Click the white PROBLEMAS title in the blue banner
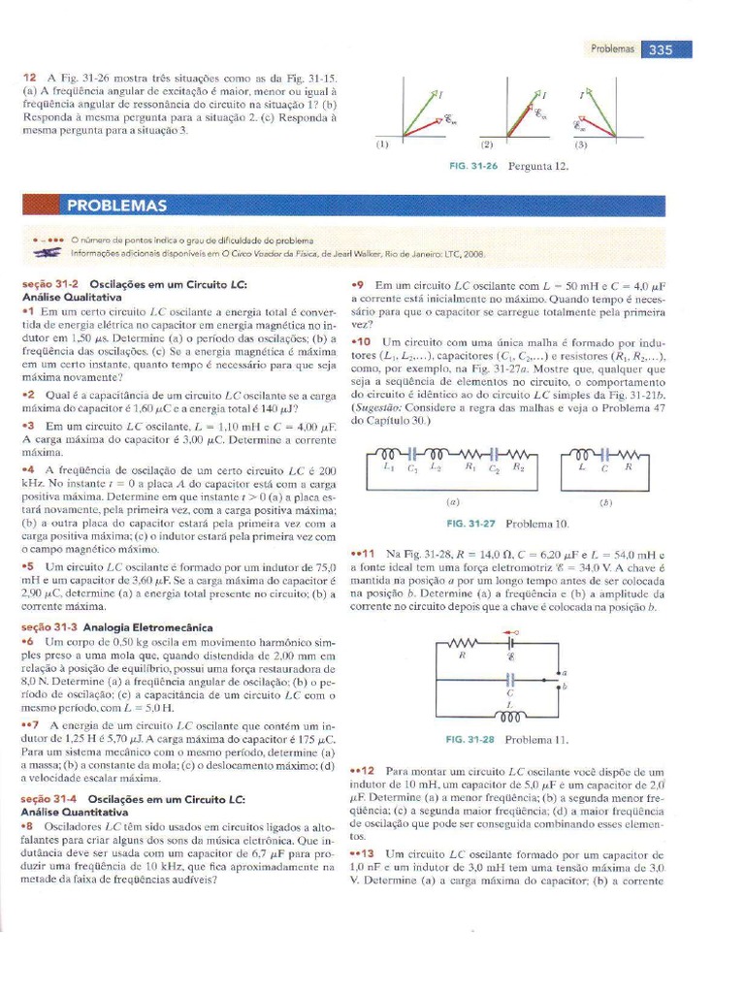[117, 206]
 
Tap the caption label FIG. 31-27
[470, 524]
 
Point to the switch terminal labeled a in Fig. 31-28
[564, 672]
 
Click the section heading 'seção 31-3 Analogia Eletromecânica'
[102, 627]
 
